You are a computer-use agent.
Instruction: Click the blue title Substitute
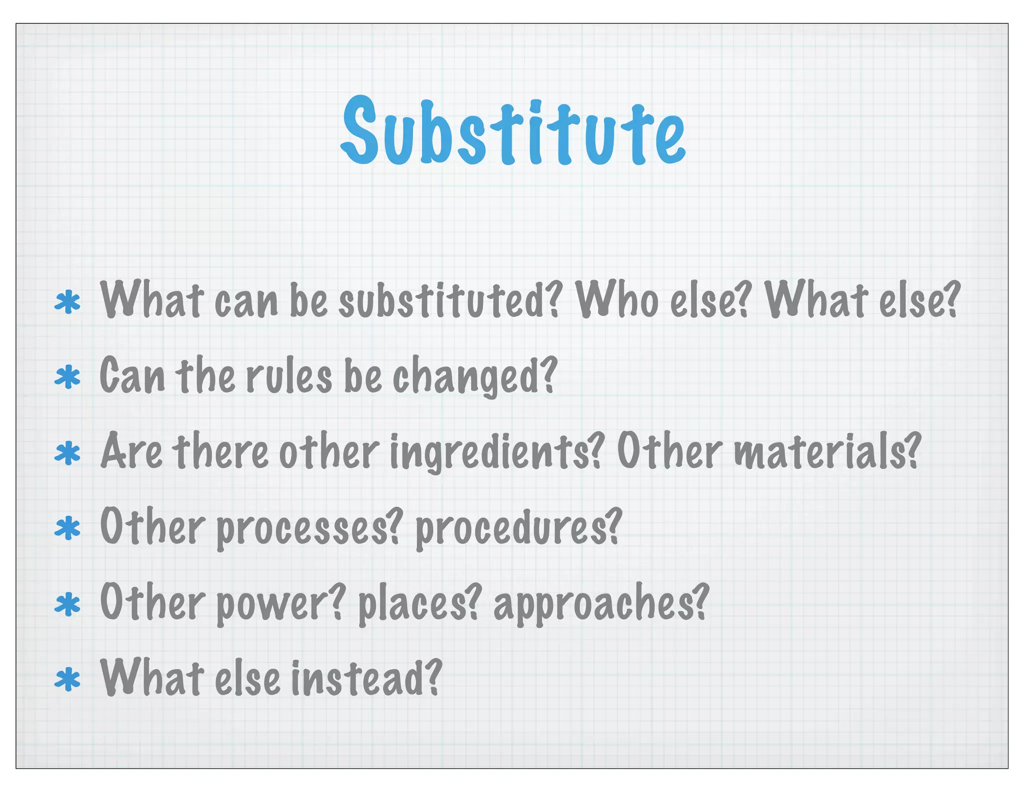513,131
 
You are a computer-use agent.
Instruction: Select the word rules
289,376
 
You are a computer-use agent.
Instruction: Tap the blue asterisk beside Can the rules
67,378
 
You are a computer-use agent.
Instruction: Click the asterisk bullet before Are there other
67,453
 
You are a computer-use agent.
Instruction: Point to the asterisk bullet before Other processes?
67,529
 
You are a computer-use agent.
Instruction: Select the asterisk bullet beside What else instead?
67,680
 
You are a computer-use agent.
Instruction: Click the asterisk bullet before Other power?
67,604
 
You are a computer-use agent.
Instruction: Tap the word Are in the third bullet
131,451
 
